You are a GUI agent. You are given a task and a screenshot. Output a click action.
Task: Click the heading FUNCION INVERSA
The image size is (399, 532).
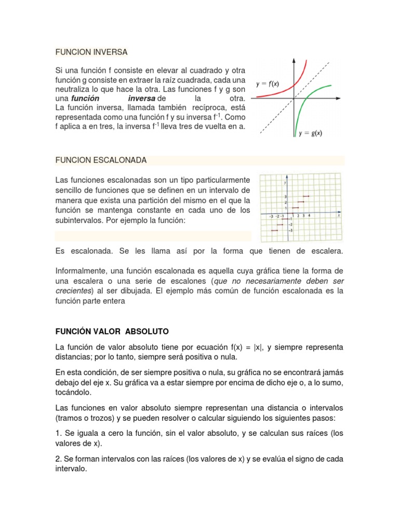pos(91,52)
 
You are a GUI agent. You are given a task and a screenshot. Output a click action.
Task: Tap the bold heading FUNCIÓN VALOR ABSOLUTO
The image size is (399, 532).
pos(112,331)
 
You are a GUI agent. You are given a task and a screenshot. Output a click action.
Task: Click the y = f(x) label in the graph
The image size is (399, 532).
pos(268,83)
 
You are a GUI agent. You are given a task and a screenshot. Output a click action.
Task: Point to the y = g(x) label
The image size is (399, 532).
pos(310,133)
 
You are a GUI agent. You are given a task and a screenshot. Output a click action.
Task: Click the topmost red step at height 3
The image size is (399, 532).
pos(306,196)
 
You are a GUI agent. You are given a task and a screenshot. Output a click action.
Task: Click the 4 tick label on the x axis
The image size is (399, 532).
pos(310,215)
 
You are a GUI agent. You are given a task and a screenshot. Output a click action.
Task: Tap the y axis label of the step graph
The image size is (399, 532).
pos(285,182)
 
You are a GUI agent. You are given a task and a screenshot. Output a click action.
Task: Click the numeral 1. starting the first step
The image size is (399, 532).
pos(58,433)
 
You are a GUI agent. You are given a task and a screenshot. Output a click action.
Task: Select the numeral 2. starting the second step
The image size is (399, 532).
pos(58,459)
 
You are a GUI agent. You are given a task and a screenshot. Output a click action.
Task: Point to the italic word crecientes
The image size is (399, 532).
pos(73,290)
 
